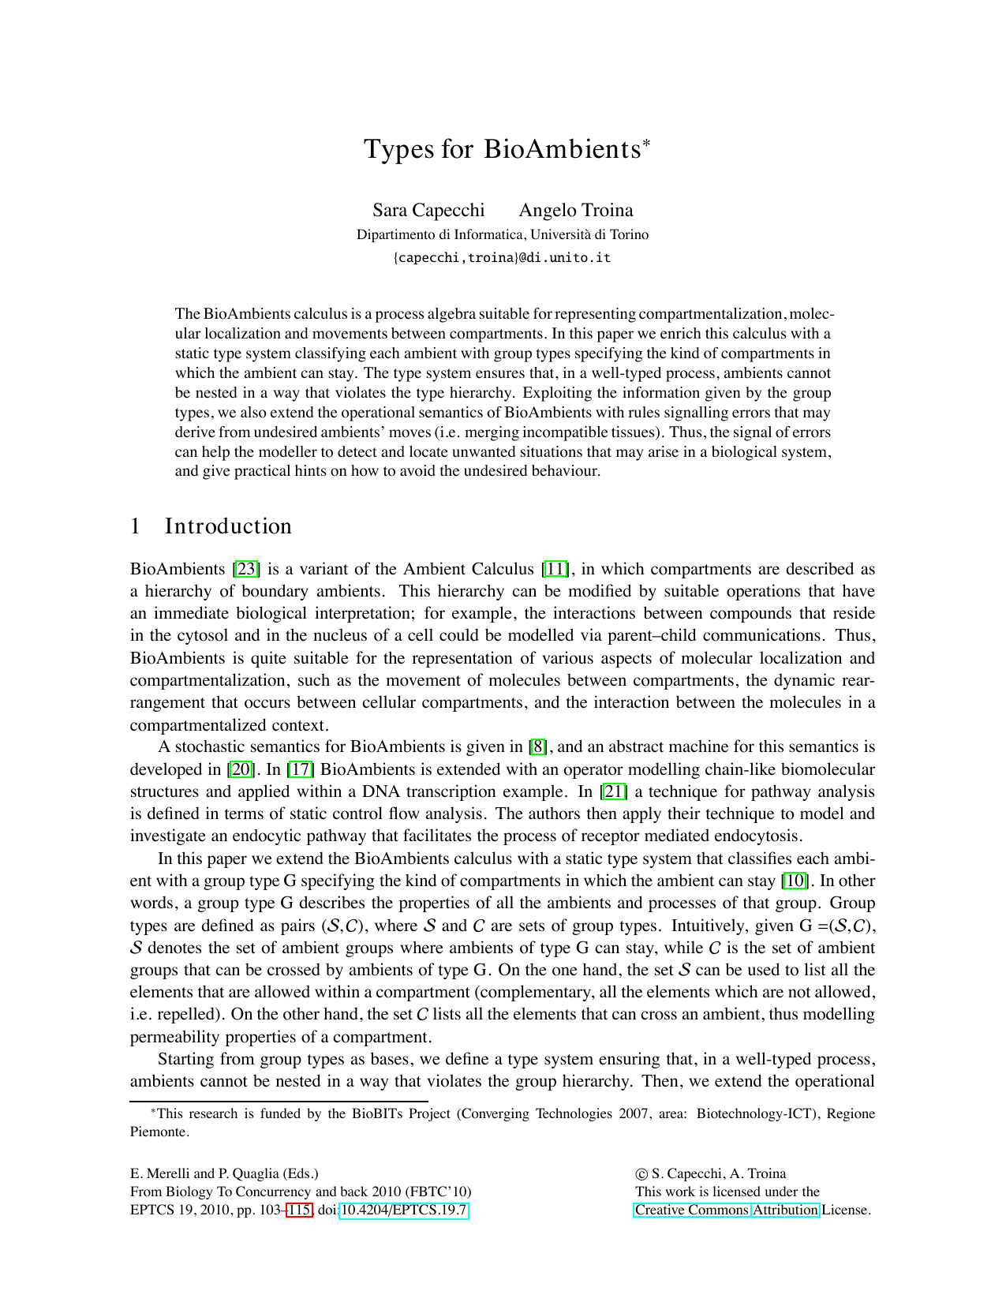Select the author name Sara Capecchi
click(x=428, y=210)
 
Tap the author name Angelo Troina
click(x=576, y=210)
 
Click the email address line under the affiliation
click(x=503, y=257)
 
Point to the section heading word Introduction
click(x=228, y=526)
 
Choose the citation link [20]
click(x=241, y=769)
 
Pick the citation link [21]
click(x=615, y=791)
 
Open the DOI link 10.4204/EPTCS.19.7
click(x=404, y=1210)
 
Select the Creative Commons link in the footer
click(x=691, y=1210)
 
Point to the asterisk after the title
click(x=646, y=143)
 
